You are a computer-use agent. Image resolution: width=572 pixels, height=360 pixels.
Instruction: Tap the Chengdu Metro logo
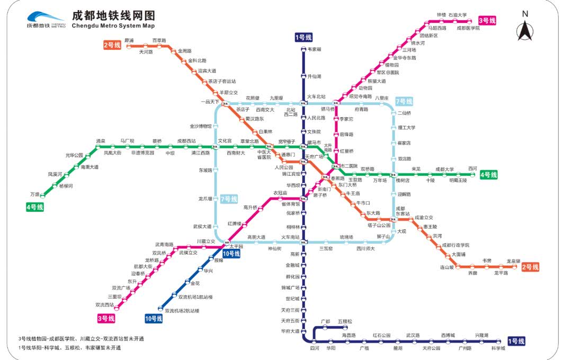point(46,20)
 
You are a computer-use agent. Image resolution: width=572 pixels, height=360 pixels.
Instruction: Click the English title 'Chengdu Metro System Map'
point(113,25)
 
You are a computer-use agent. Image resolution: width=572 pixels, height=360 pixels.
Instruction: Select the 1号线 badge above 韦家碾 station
point(303,37)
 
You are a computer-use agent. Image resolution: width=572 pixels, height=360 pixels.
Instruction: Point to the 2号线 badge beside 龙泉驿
point(530,267)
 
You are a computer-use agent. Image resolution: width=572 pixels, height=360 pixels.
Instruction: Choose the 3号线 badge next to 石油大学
point(487,21)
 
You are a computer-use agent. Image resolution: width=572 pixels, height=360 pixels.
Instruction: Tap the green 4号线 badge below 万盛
point(35,207)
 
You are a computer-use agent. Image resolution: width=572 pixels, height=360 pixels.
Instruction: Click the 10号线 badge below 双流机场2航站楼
point(154,318)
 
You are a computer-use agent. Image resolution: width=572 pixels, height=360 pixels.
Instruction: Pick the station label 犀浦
point(129,41)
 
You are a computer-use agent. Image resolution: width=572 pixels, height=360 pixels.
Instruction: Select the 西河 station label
point(472,169)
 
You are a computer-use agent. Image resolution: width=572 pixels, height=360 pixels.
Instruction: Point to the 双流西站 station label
point(104,304)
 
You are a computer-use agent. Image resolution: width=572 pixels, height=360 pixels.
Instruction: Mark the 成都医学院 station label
point(468,28)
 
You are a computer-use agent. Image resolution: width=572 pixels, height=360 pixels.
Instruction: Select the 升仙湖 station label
point(315,77)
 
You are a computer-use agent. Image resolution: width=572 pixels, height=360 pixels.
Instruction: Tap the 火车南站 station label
point(290,237)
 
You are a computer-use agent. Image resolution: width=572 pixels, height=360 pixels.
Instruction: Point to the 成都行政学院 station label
point(455,245)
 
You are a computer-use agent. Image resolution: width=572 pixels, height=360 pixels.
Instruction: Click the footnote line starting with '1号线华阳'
point(69,348)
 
